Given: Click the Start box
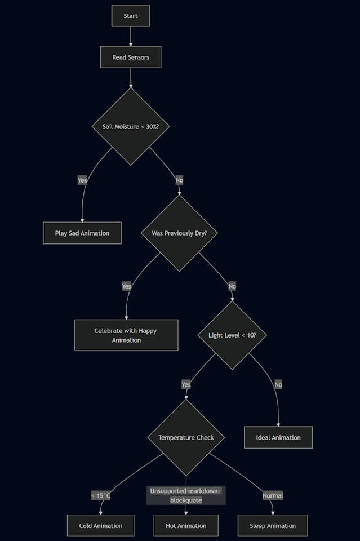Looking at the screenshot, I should [131, 16].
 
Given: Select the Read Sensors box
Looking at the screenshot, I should [131, 57].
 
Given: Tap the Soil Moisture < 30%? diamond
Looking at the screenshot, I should [131, 126].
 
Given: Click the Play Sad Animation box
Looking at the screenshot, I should [82, 233].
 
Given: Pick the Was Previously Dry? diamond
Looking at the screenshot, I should [179, 233].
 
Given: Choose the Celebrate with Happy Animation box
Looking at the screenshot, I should [126, 335].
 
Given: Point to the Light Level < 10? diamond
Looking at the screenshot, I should [232, 335].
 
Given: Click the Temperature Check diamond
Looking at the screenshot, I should [186, 437].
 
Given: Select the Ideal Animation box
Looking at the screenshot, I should [278, 437].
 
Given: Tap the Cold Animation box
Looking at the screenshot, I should [101, 526].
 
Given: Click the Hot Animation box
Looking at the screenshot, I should [186, 526].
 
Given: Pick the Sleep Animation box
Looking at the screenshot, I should [273, 526].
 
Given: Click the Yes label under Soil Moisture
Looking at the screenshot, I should [82, 180].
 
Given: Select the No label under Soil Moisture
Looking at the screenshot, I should [179, 180].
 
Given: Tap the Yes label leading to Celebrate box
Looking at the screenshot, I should [126, 286].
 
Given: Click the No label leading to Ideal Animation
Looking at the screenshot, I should [278, 384].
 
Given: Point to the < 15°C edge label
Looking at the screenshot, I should [101, 496].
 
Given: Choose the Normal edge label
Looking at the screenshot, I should [273, 496].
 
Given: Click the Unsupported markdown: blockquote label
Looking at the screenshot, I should [186, 495].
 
